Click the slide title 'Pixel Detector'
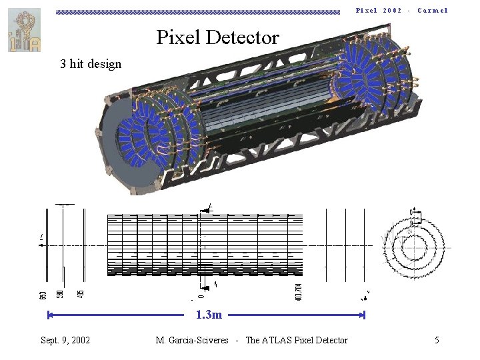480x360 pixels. click(x=217, y=37)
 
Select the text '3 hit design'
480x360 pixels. click(x=91, y=64)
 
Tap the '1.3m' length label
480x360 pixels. click(x=209, y=315)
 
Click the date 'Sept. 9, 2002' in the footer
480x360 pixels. click(x=65, y=340)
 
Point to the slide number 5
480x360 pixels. click(x=437, y=340)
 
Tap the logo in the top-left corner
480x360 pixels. click(x=24, y=30)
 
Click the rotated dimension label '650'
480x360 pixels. click(x=43, y=293)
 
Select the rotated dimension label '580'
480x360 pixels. click(x=60, y=293)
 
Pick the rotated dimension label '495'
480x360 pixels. click(x=80, y=293)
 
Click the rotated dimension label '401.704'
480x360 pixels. click(x=299, y=291)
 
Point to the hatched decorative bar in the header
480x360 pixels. click(x=197, y=11)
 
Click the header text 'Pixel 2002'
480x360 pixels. click(x=379, y=10)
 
